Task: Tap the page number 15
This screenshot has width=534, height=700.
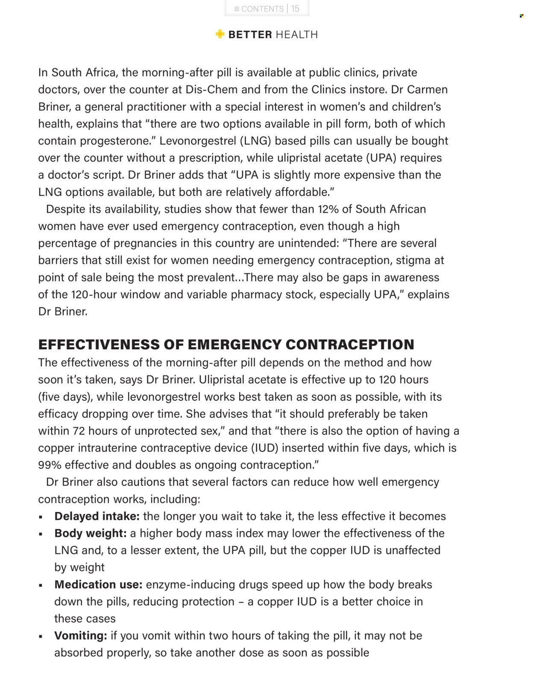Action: point(295,9)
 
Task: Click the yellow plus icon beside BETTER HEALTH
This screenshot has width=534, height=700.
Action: point(220,34)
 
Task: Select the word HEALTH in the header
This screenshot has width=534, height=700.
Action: point(296,35)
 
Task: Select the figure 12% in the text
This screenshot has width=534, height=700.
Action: point(329,209)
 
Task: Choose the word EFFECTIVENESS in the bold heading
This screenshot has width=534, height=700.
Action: point(111,345)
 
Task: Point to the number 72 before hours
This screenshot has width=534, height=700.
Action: point(79,431)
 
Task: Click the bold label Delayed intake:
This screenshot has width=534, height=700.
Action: point(97,516)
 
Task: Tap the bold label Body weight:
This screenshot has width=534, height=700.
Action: point(90,533)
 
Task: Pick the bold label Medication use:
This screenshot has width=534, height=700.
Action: point(98,585)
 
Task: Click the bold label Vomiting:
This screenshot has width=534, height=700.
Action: point(80,635)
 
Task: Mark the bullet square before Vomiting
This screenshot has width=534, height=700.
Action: point(41,636)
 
